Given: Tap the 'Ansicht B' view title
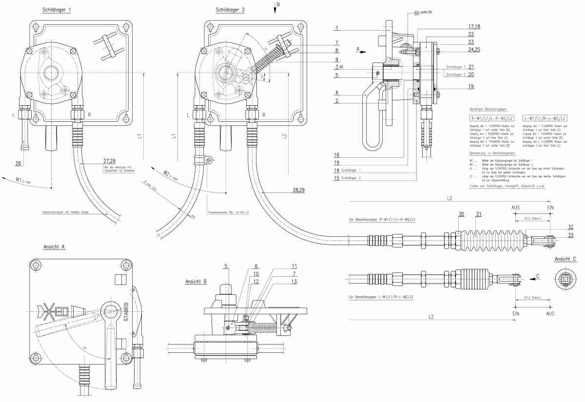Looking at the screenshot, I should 196,282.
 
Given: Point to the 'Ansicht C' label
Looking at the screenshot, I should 565,259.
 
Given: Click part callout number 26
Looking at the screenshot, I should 18,163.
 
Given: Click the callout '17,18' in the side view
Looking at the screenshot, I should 474,27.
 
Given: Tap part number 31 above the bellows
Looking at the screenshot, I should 479,214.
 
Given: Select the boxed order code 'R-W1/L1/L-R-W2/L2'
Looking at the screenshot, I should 491,118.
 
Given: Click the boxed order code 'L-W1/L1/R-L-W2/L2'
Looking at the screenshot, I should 545,118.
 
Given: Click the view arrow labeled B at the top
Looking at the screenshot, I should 275,7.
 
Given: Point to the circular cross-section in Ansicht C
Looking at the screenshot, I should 565,281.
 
